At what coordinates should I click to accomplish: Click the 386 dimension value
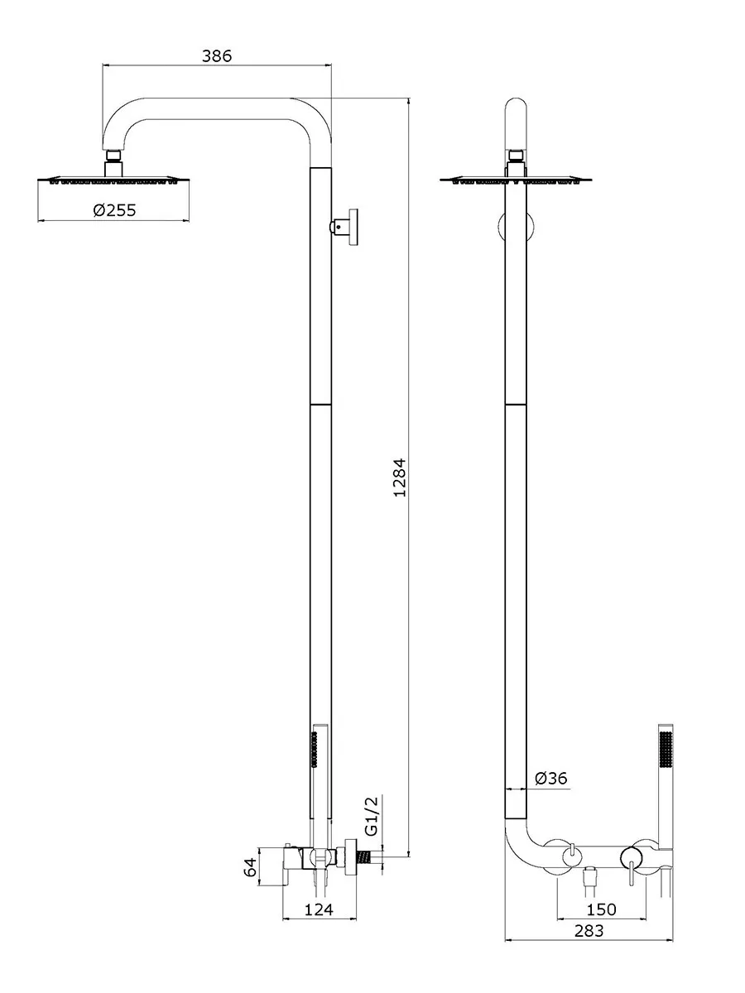pos(216,56)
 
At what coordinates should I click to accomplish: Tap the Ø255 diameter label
pos(114,210)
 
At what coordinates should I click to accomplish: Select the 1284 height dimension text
pos(400,478)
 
